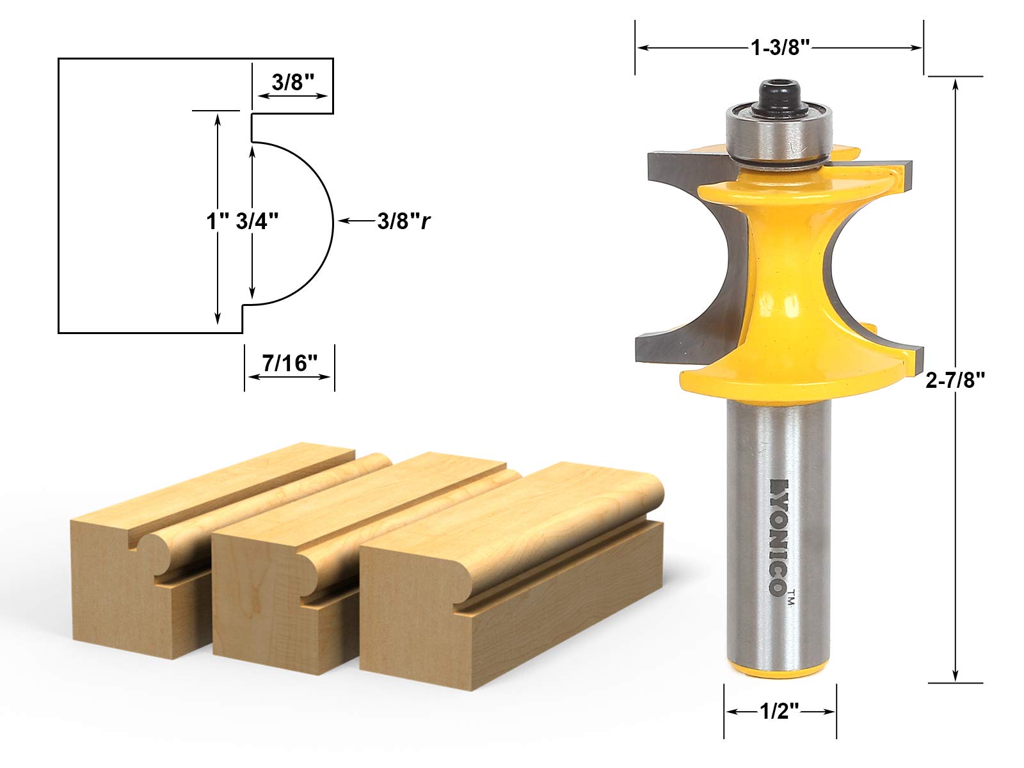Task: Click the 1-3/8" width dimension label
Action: tap(780, 47)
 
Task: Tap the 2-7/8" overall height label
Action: tap(955, 381)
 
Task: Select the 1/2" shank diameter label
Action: tap(780, 711)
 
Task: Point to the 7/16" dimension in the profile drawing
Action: tap(289, 364)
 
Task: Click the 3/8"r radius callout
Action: tap(404, 221)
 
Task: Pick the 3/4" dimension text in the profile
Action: tap(257, 221)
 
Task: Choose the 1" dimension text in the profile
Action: tap(218, 221)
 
